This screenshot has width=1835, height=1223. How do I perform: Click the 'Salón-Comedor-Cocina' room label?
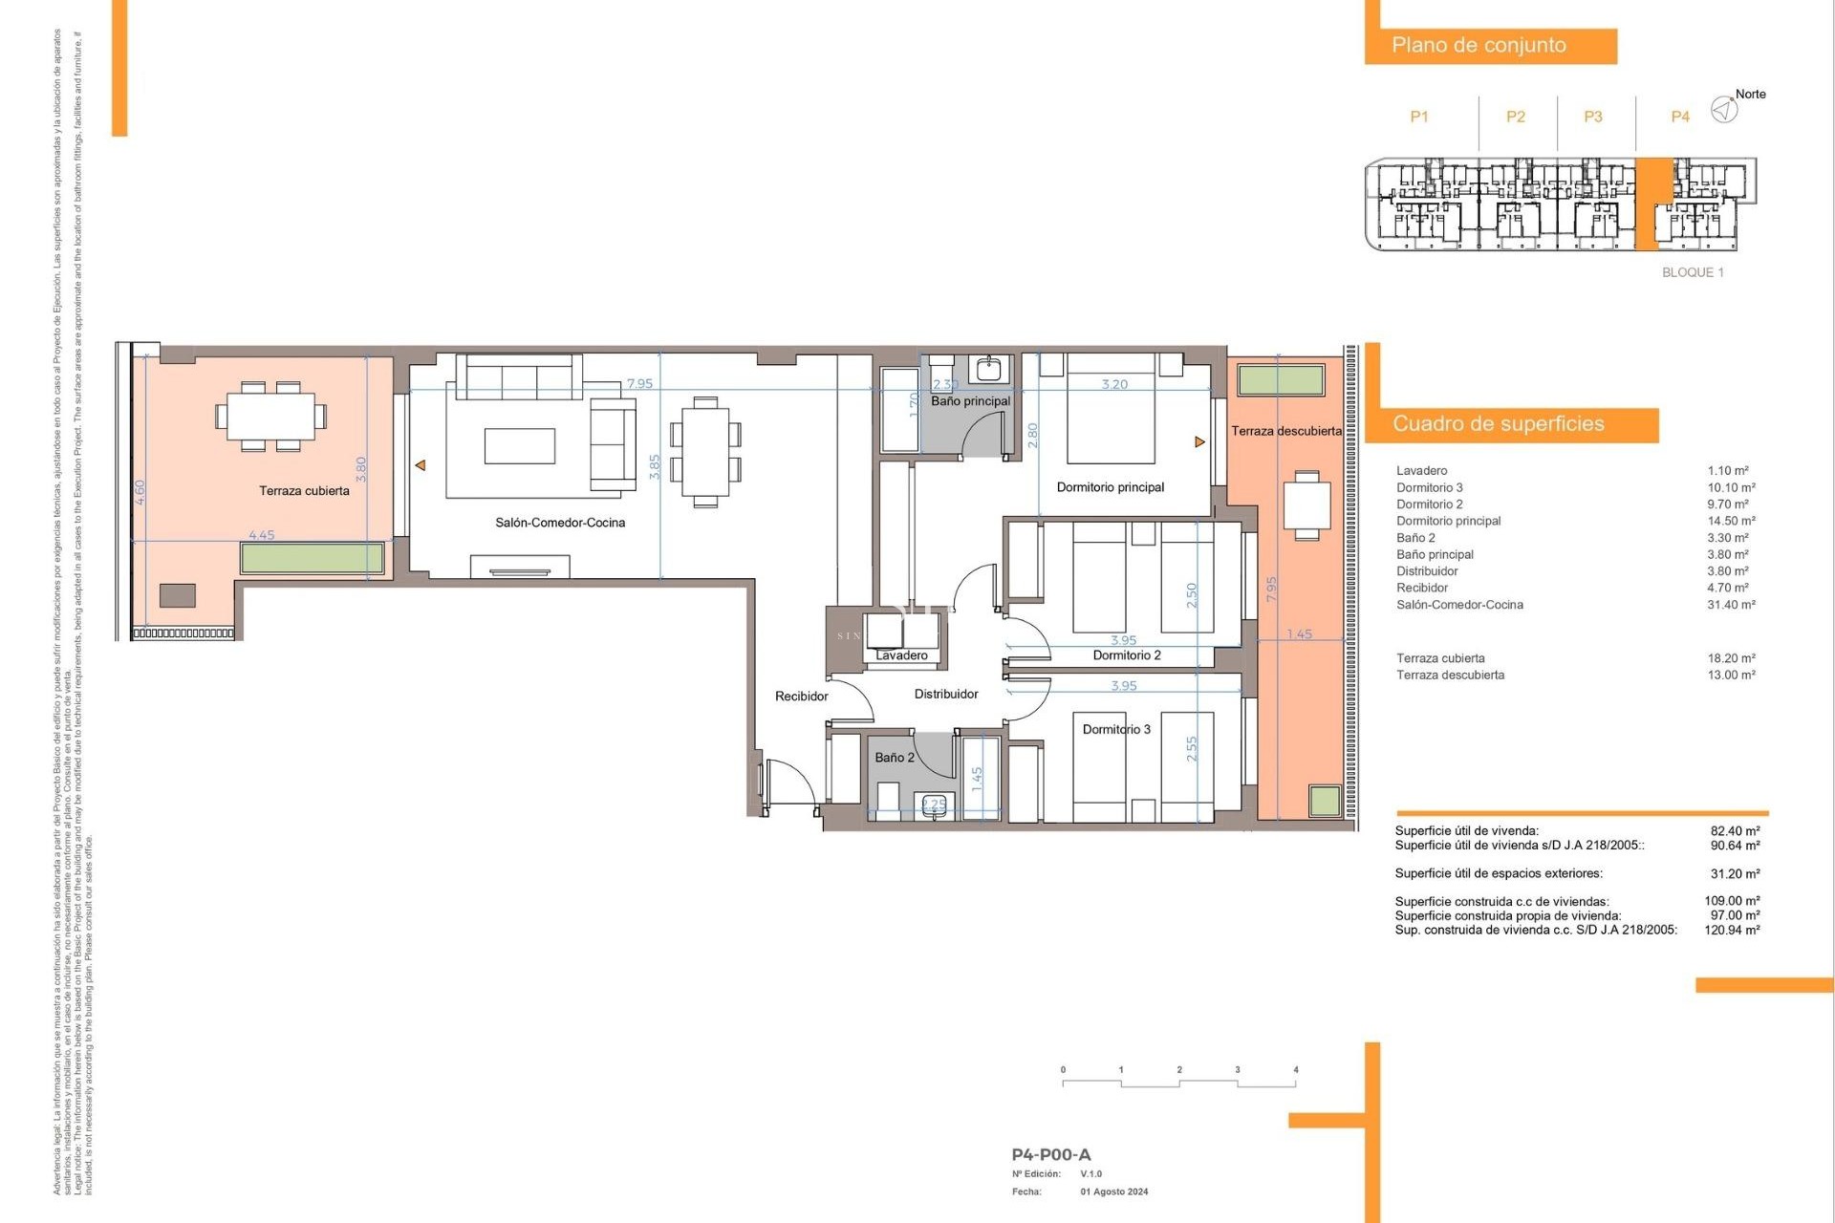560,523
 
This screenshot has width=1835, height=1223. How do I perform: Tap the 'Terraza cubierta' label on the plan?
304,491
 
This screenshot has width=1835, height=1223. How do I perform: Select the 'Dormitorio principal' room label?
1110,487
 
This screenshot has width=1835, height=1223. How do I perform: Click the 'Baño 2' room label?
895,758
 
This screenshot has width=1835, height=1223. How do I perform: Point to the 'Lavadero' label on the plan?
901,655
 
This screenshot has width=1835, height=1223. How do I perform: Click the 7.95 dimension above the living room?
639,383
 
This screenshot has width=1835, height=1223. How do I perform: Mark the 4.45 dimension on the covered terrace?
261,535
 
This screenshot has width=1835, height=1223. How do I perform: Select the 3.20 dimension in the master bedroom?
1114,384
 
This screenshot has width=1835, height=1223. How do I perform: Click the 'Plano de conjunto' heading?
1479,45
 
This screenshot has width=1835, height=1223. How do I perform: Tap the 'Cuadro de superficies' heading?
1498,423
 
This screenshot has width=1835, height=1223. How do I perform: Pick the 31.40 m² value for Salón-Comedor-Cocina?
1731,605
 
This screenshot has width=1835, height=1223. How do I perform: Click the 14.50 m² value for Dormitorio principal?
1731,521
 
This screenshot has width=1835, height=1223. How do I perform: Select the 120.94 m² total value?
1732,930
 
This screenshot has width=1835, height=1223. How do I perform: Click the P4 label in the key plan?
1679,117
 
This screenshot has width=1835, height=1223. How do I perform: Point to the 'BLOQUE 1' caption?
1693,272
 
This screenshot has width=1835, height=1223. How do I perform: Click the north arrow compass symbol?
1724,110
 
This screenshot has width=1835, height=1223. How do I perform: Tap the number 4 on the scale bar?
1295,1070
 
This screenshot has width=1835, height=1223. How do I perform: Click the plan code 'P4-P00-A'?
1050,1154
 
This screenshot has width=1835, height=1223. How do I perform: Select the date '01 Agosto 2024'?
1114,1191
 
